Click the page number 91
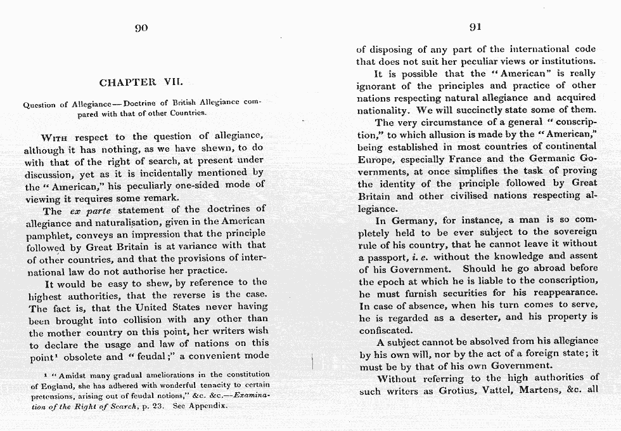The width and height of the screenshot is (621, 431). (475, 27)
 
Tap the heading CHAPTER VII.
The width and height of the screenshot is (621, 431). (141, 83)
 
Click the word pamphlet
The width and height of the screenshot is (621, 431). (46, 234)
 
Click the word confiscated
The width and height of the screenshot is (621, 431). (385, 330)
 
